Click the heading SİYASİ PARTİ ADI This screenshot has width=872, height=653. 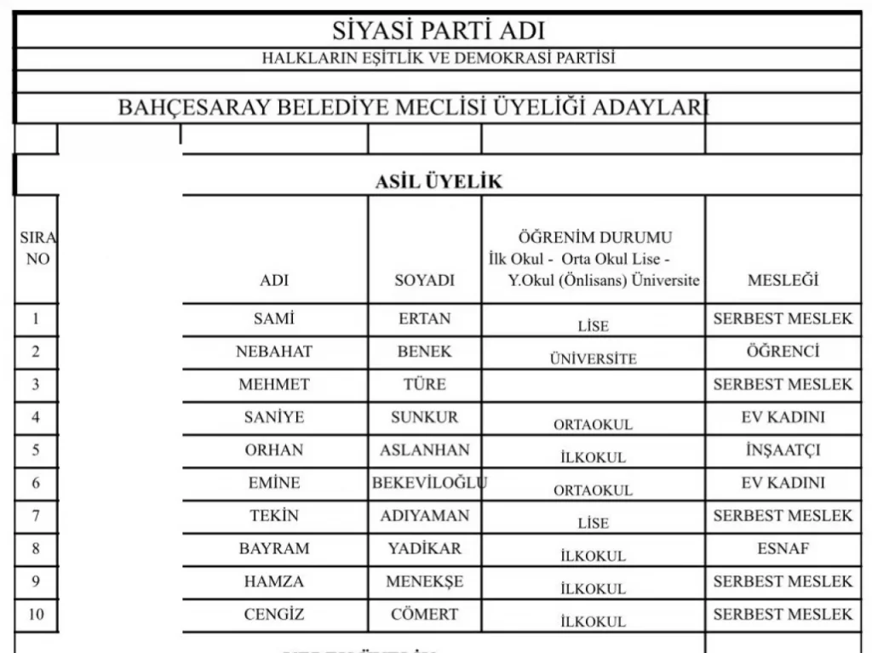click(x=438, y=32)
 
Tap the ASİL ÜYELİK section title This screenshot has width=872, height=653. click(x=439, y=181)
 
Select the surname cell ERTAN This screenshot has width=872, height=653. click(x=424, y=319)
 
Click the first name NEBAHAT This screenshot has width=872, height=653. click(x=274, y=352)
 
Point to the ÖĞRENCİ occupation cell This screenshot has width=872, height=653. click(x=782, y=352)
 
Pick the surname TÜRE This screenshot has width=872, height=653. click(x=424, y=384)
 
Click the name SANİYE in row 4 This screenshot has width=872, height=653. click(x=274, y=417)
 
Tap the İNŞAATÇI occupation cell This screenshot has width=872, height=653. click(x=782, y=450)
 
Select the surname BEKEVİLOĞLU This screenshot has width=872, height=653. click(x=428, y=483)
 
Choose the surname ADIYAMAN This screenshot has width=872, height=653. click(x=424, y=516)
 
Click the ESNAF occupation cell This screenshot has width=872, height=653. click(x=782, y=548)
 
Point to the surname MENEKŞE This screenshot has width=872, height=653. click(x=424, y=581)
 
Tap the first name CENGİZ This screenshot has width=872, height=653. click(x=274, y=614)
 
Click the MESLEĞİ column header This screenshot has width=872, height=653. click(x=782, y=281)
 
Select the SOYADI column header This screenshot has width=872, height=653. click(x=424, y=281)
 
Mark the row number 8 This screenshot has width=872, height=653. click(x=36, y=548)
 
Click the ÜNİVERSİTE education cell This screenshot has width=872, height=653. click(x=593, y=359)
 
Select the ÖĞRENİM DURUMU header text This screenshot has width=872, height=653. click(x=594, y=238)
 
